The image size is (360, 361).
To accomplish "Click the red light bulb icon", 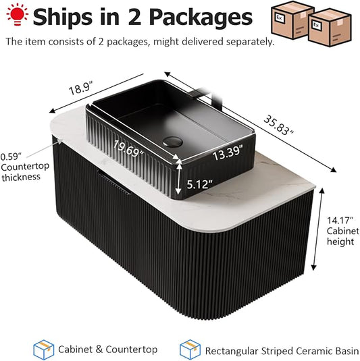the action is tap(18, 13).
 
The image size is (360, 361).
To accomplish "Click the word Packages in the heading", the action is tap(201, 18).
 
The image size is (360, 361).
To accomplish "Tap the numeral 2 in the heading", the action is tap(134, 17).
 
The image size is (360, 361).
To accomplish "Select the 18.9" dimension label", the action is tap(81, 88).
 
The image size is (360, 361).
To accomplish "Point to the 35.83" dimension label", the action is tap(279, 125).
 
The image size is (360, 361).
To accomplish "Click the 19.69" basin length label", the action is tap(128, 149).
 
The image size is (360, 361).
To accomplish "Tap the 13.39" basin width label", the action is tap(228, 152).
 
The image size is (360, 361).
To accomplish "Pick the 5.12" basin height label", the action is tap(199, 184).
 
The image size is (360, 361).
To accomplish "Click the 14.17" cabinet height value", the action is tap(340, 221).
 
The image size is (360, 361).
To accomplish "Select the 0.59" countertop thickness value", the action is tap(11, 157).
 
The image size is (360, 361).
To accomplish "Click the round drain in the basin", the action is tap(173, 142).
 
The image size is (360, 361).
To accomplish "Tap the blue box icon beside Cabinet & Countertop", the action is tap(43, 350).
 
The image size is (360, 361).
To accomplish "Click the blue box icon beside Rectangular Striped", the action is tap(190, 350).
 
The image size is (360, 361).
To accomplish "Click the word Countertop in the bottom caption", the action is tap(132, 350).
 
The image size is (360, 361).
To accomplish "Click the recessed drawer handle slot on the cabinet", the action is tap(113, 182).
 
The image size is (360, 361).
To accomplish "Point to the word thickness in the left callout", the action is tap(21, 177).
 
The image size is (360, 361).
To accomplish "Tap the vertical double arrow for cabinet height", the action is tap(318, 229).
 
